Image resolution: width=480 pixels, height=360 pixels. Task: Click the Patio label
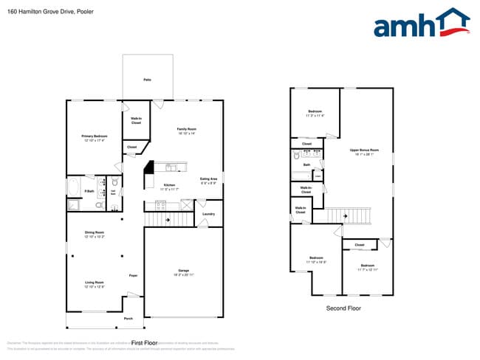(x=147, y=80)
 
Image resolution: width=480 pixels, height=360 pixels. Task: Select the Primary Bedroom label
(x=95, y=136)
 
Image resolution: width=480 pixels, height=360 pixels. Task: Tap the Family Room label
(x=185, y=130)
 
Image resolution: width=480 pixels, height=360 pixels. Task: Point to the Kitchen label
(x=169, y=185)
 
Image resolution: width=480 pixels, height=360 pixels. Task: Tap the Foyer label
(x=134, y=275)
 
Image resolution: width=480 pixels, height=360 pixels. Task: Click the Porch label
(x=128, y=319)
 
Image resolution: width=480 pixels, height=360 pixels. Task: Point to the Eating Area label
(x=208, y=179)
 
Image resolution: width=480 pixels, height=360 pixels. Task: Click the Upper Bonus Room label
(x=364, y=150)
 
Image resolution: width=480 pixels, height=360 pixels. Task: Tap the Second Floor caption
(x=343, y=308)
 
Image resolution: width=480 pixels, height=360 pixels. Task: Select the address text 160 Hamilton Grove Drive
(x=37, y=12)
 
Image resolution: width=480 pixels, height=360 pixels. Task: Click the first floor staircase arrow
(x=168, y=219)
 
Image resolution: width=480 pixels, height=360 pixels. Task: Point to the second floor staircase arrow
(x=345, y=215)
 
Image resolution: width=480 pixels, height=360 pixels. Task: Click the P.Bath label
(x=89, y=192)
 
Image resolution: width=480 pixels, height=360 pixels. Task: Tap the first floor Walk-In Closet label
(x=136, y=120)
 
